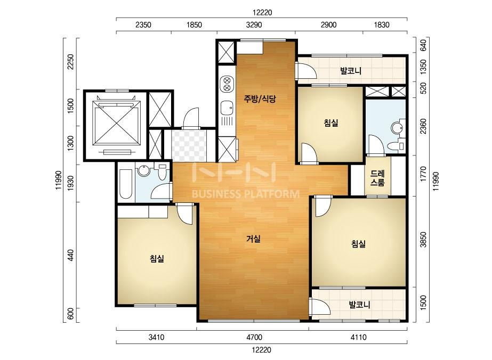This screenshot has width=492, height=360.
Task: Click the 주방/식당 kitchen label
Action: click(260, 100)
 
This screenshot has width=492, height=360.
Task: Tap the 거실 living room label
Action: click(253, 239)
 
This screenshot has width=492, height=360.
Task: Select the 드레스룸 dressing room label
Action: click(377, 178)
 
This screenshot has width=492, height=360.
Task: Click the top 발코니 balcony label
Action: click(351, 71)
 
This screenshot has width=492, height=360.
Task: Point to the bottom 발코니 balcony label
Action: click(360, 305)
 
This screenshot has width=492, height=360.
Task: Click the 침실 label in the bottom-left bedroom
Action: click(157, 259)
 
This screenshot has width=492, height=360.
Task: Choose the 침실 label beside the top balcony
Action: click(331, 122)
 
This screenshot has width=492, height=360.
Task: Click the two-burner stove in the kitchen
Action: click(227, 84)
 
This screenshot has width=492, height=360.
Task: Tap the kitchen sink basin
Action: click(227, 108)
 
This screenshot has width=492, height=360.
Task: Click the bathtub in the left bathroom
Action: click(126, 184)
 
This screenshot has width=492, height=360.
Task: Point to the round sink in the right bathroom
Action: click(397, 128)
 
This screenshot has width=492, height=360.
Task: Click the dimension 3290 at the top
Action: click(254, 25)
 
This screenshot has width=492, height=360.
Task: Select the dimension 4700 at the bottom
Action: click(254, 338)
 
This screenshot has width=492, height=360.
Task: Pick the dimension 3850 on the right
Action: click(424, 240)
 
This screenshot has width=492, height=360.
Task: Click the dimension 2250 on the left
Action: click(70, 62)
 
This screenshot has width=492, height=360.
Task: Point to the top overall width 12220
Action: click(262, 13)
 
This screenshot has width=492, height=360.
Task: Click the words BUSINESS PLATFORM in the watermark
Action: click(245, 194)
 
